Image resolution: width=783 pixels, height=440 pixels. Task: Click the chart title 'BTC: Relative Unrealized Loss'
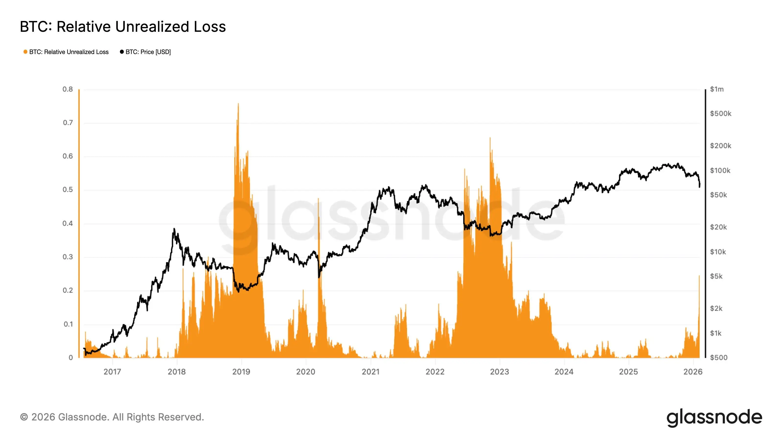coord(123,27)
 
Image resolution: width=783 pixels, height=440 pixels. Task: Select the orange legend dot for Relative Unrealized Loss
coord(25,52)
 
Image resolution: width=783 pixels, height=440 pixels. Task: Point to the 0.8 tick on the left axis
coord(68,89)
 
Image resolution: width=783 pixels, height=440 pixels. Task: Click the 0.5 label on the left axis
coord(68,190)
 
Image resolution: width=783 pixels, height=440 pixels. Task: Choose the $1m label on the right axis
coord(717,89)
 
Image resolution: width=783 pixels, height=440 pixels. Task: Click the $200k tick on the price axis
coord(720,146)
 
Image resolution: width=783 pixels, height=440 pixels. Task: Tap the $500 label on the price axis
coord(719,358)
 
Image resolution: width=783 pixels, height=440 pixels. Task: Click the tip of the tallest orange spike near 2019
coord(238,104)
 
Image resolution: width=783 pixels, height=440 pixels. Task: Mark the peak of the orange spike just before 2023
coord(490,138)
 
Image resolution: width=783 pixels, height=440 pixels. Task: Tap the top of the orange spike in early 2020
coord(318,198)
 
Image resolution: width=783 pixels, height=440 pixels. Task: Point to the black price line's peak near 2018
coord(174,229)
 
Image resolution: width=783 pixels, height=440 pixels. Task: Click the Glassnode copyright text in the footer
coord(112,417)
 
